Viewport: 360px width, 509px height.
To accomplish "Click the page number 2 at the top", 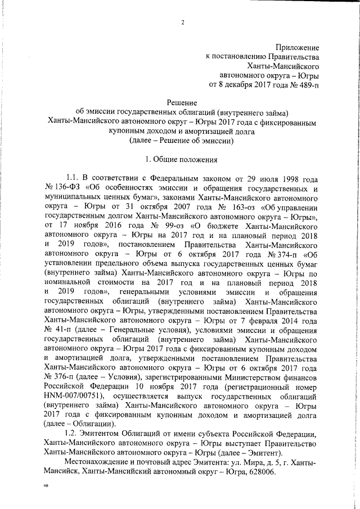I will coord(183,22).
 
